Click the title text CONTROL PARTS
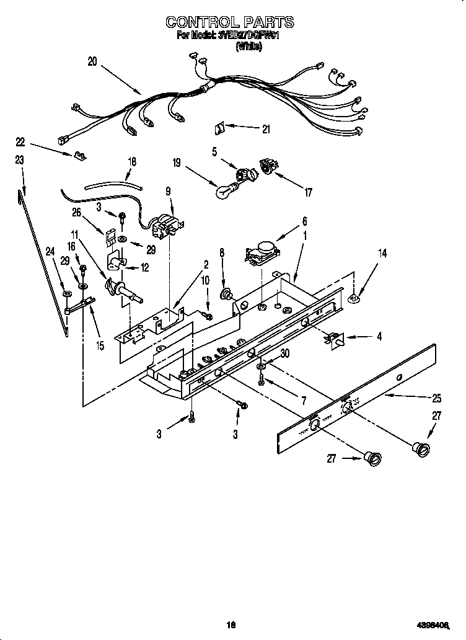point(229,22)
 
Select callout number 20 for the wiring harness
point(92,61)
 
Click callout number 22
point(20,141)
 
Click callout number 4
point(379,337)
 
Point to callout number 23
point(20,159)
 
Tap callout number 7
point(303,401)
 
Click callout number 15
point(99,345)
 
